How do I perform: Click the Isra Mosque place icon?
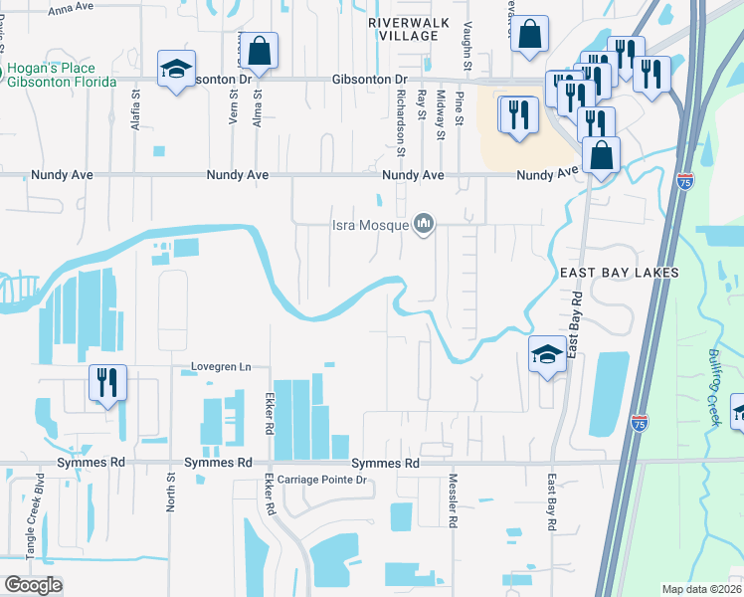point(425,224)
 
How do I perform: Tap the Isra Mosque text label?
point(371,225)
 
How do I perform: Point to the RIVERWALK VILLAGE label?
point(409,28)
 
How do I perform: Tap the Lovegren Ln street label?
point(222,367)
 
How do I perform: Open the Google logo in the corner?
point(33,585)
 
